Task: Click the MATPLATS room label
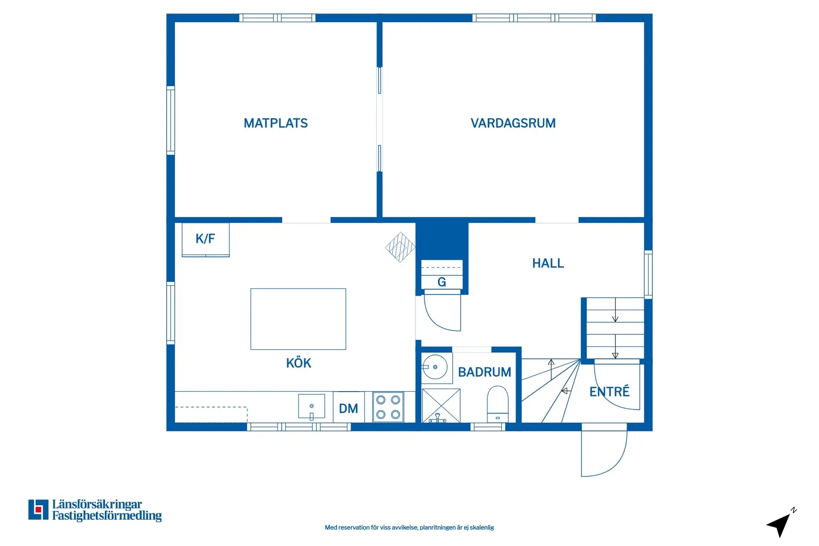pos(275,123)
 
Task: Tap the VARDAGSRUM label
pos(513,123)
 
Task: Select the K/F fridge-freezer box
pos(205,239)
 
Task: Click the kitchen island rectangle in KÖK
pos(298,319)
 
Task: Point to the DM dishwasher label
pos(348,409)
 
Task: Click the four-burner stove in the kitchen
pos(388,407)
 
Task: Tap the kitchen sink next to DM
pos(311,407)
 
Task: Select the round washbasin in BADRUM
pos(435,367)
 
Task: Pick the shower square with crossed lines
pos(441,405)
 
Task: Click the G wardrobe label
pos(441,282)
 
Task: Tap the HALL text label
pos(548,263)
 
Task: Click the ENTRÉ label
pos(609,392)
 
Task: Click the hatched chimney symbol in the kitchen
pos(400,247)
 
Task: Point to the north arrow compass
pos(780,524)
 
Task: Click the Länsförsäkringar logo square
pos(38,510)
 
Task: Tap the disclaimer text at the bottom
pos(409,528)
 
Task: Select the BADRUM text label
pos(484,372)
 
